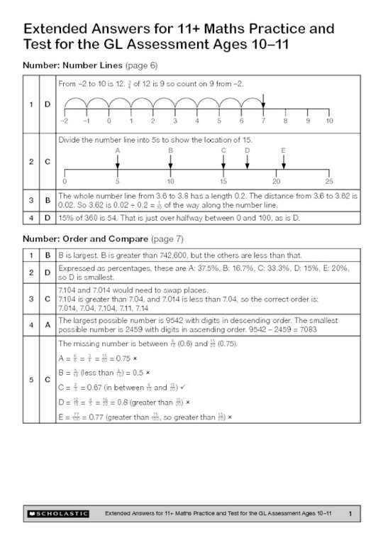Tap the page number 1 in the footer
click(x=350, y=512)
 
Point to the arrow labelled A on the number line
click(x=118, y=161)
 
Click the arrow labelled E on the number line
click(x=284, y=161)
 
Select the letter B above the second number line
click(x=171, y=150)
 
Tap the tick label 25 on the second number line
click(x=329, y=182)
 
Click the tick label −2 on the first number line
click(x=65, y=121)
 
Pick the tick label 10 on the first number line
click(x=329, y=121)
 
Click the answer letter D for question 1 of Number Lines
click(x=48, y=104)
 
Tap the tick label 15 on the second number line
click(x=223, y=182)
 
